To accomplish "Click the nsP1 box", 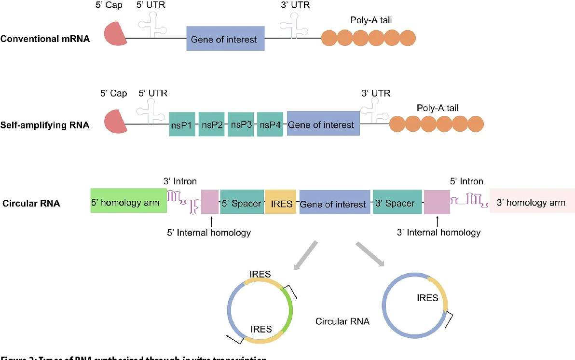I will click(182, 125).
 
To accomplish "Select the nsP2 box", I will click(212, 125).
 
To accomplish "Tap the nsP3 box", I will click(241, 124).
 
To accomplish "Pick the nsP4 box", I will click(270, 125).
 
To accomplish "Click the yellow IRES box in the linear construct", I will click(280, 203).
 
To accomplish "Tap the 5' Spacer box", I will click(241, 203).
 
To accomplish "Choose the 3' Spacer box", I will click(395, 203).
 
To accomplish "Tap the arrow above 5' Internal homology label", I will click(211, 221).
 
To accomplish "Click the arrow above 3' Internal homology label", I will click(437, 221).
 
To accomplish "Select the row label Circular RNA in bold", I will click(31, 203).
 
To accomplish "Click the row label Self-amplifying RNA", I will click(45, 125).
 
